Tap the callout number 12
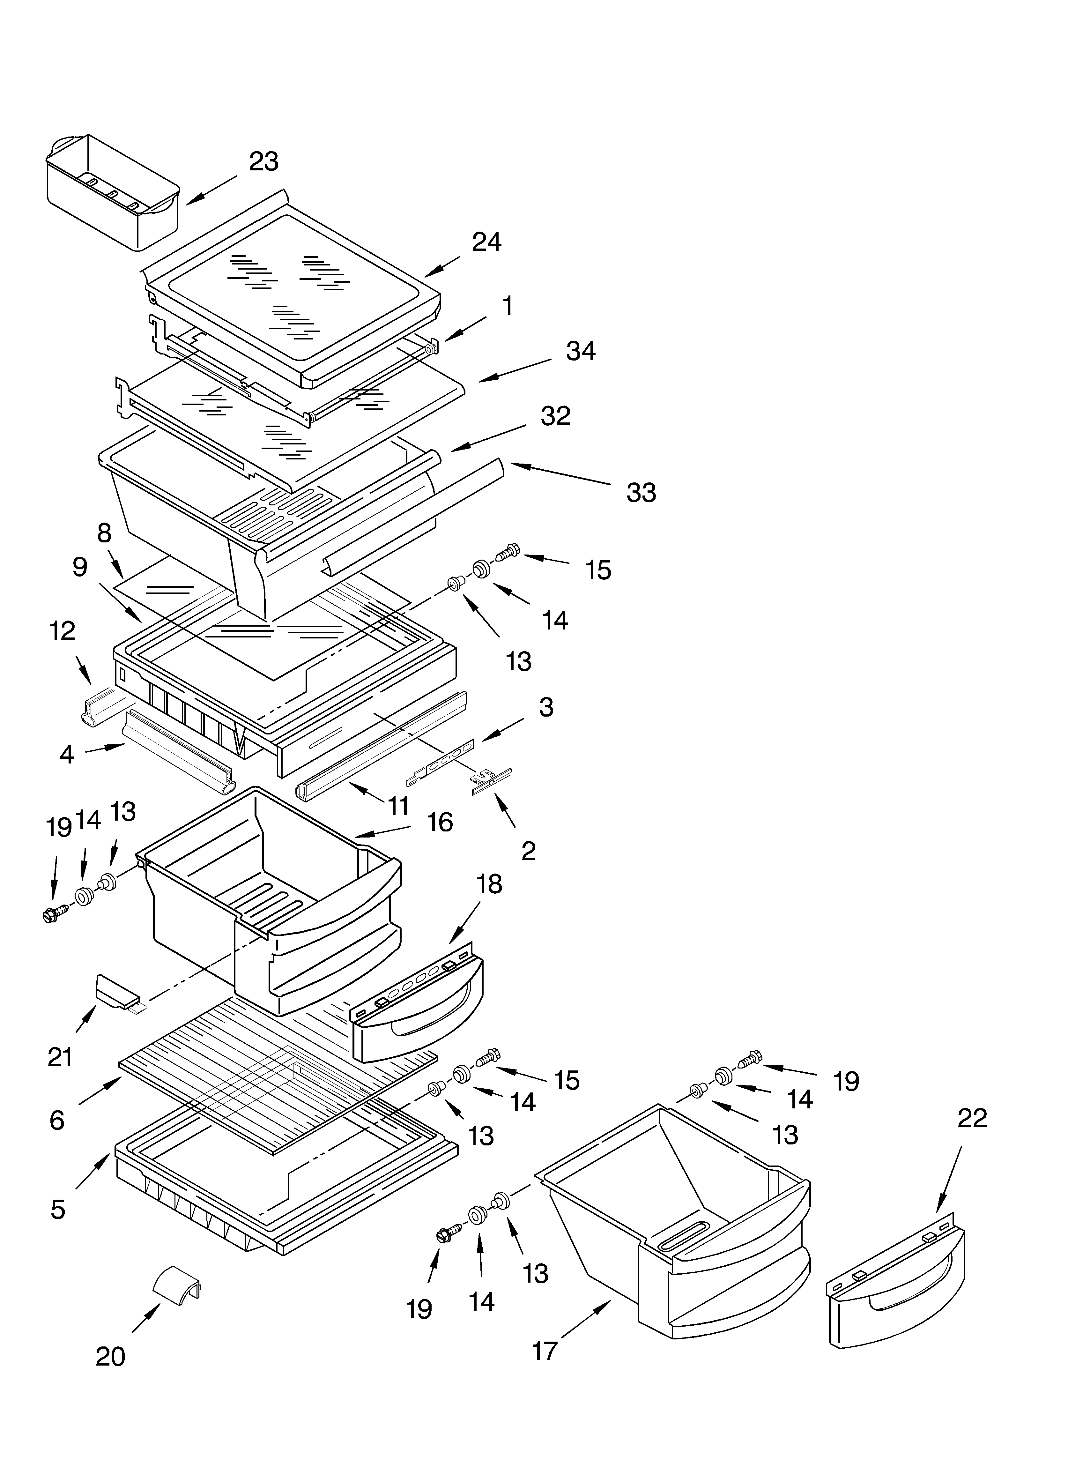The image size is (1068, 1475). pyautogui.click(x=63, y=631)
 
